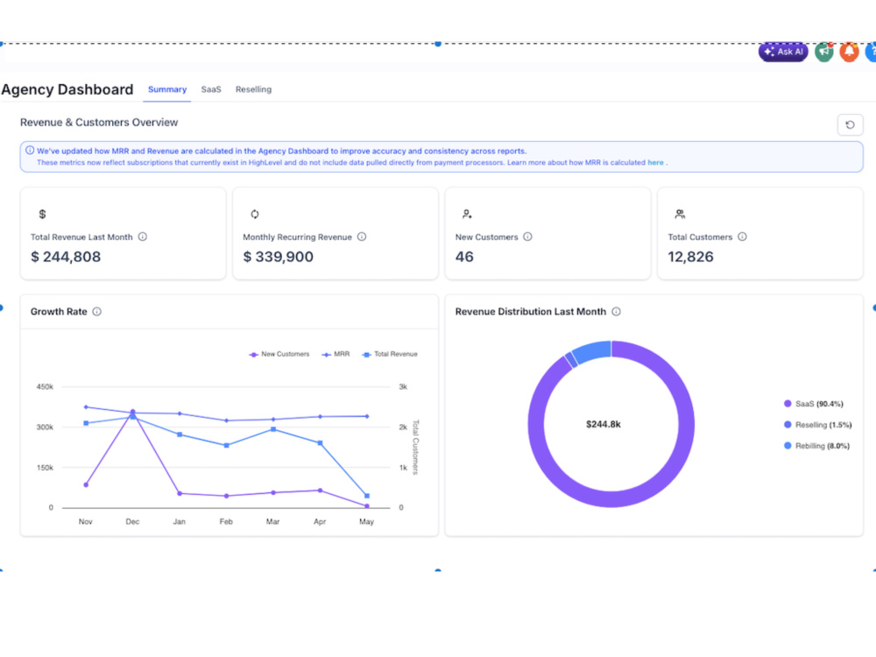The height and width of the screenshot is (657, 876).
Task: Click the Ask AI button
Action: coord(782,52)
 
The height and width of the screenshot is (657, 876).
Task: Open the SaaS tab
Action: coord(211,89)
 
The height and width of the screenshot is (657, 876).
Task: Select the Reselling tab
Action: coord(254,89)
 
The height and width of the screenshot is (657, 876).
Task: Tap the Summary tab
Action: coord(167,89)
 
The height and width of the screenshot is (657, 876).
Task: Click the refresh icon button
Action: coord(850,124)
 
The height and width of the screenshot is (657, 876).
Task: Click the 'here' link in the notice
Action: coord(655,163)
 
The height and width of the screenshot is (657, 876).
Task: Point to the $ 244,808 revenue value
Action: coord(66,257)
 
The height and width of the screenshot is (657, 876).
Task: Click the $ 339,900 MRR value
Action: coord(279,257)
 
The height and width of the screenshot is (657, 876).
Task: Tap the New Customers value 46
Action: coord(464,257)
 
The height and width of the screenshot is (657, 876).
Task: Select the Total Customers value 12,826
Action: coord(690,257)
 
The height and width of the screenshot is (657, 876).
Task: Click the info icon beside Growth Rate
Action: coord(96,312)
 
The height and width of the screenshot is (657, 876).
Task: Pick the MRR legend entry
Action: coord(336,354)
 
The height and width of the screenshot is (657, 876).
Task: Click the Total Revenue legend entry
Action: coord(390,354)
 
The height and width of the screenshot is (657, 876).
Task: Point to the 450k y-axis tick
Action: coord(45,386)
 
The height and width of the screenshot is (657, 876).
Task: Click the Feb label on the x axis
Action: coord(226,521)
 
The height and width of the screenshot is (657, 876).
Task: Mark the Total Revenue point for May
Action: coord(367,496)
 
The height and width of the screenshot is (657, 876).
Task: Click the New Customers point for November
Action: coord(86,485)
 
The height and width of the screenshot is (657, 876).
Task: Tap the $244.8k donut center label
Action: coord(604,425)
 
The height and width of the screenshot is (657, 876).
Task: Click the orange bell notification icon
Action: coord(849,52)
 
